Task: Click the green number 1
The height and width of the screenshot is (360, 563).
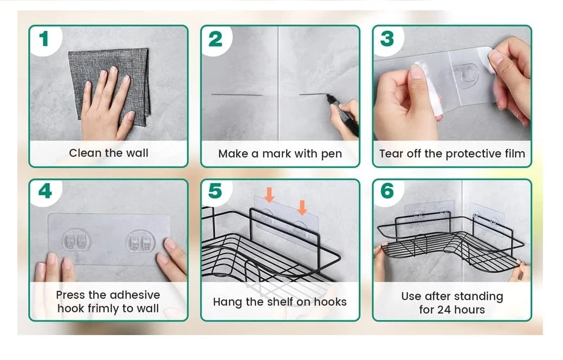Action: [x=44, y=38]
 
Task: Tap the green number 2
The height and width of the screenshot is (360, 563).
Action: [x=216, y=39]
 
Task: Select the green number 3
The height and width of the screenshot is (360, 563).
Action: [x=387, y=39]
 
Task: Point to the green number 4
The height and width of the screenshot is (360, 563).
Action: [x=45, y=191]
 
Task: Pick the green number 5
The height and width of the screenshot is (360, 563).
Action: [x=216, y=191]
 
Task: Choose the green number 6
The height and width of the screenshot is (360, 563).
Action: [x=387, y=191]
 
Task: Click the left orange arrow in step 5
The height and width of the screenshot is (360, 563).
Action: [x=269, y=195]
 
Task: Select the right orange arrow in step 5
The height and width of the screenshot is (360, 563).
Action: [x=302, y=208]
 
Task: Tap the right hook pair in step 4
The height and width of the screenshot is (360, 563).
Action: [x=140, y=240]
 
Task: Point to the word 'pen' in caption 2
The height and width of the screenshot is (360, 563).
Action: [x=332, y=155]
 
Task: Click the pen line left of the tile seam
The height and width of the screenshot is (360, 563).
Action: [x=237, y=95]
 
